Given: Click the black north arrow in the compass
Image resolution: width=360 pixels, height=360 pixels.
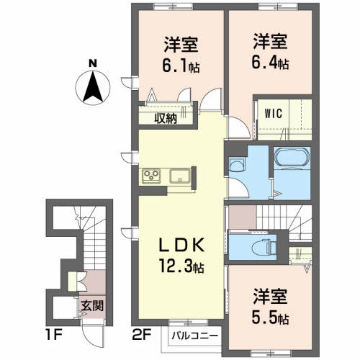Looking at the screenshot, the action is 93,88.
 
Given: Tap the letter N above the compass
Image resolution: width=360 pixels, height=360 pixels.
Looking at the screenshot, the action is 93,63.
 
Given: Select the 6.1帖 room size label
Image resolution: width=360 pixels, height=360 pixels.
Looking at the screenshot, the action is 181,66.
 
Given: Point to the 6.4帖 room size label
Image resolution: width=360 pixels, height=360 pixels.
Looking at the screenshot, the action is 270,63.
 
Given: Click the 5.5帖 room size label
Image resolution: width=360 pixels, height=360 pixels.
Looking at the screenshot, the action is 270,318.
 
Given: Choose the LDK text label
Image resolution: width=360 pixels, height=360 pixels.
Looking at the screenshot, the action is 181,245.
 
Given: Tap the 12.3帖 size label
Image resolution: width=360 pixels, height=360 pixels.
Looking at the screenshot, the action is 181,266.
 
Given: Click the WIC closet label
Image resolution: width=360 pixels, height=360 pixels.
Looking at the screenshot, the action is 273,113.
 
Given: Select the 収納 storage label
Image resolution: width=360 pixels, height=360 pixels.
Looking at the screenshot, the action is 166,118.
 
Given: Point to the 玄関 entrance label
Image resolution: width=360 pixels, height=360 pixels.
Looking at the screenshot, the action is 92,306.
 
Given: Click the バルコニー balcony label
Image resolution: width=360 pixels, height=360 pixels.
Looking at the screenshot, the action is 195,336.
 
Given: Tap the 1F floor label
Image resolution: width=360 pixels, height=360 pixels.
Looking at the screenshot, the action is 54,334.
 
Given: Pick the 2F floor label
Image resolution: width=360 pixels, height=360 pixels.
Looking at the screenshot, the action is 142,334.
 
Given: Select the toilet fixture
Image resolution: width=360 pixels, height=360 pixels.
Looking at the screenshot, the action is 264,248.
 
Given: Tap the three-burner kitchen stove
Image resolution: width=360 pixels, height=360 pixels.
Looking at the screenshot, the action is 151,176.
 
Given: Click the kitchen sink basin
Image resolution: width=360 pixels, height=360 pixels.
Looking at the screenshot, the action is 180,176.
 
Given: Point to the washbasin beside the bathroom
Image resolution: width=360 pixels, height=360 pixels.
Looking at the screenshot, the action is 236,165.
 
